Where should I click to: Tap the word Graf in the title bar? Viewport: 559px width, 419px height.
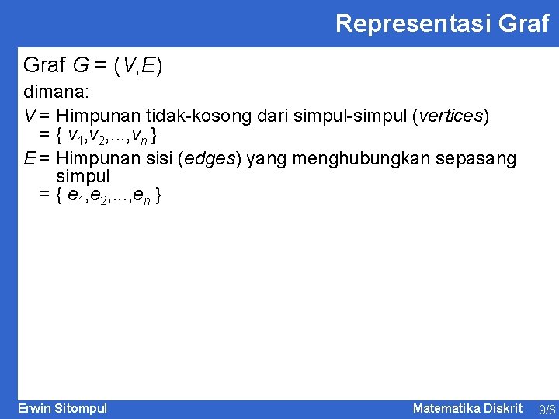click(524, 23)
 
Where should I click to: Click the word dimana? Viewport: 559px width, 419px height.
click(57, 92)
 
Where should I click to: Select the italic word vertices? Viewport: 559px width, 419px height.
click(451, 116)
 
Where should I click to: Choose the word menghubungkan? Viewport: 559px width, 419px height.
click(363, 159)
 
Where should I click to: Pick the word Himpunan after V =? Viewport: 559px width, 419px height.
click(99, 116)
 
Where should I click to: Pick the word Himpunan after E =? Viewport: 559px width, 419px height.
click(99, 159)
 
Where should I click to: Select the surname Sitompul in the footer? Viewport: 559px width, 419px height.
click(82, 408)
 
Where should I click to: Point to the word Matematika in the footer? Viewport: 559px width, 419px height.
click(446, 408)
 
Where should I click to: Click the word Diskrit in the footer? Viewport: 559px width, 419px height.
click(504, 408)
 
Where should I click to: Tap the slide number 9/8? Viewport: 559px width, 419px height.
click(547, 409)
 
